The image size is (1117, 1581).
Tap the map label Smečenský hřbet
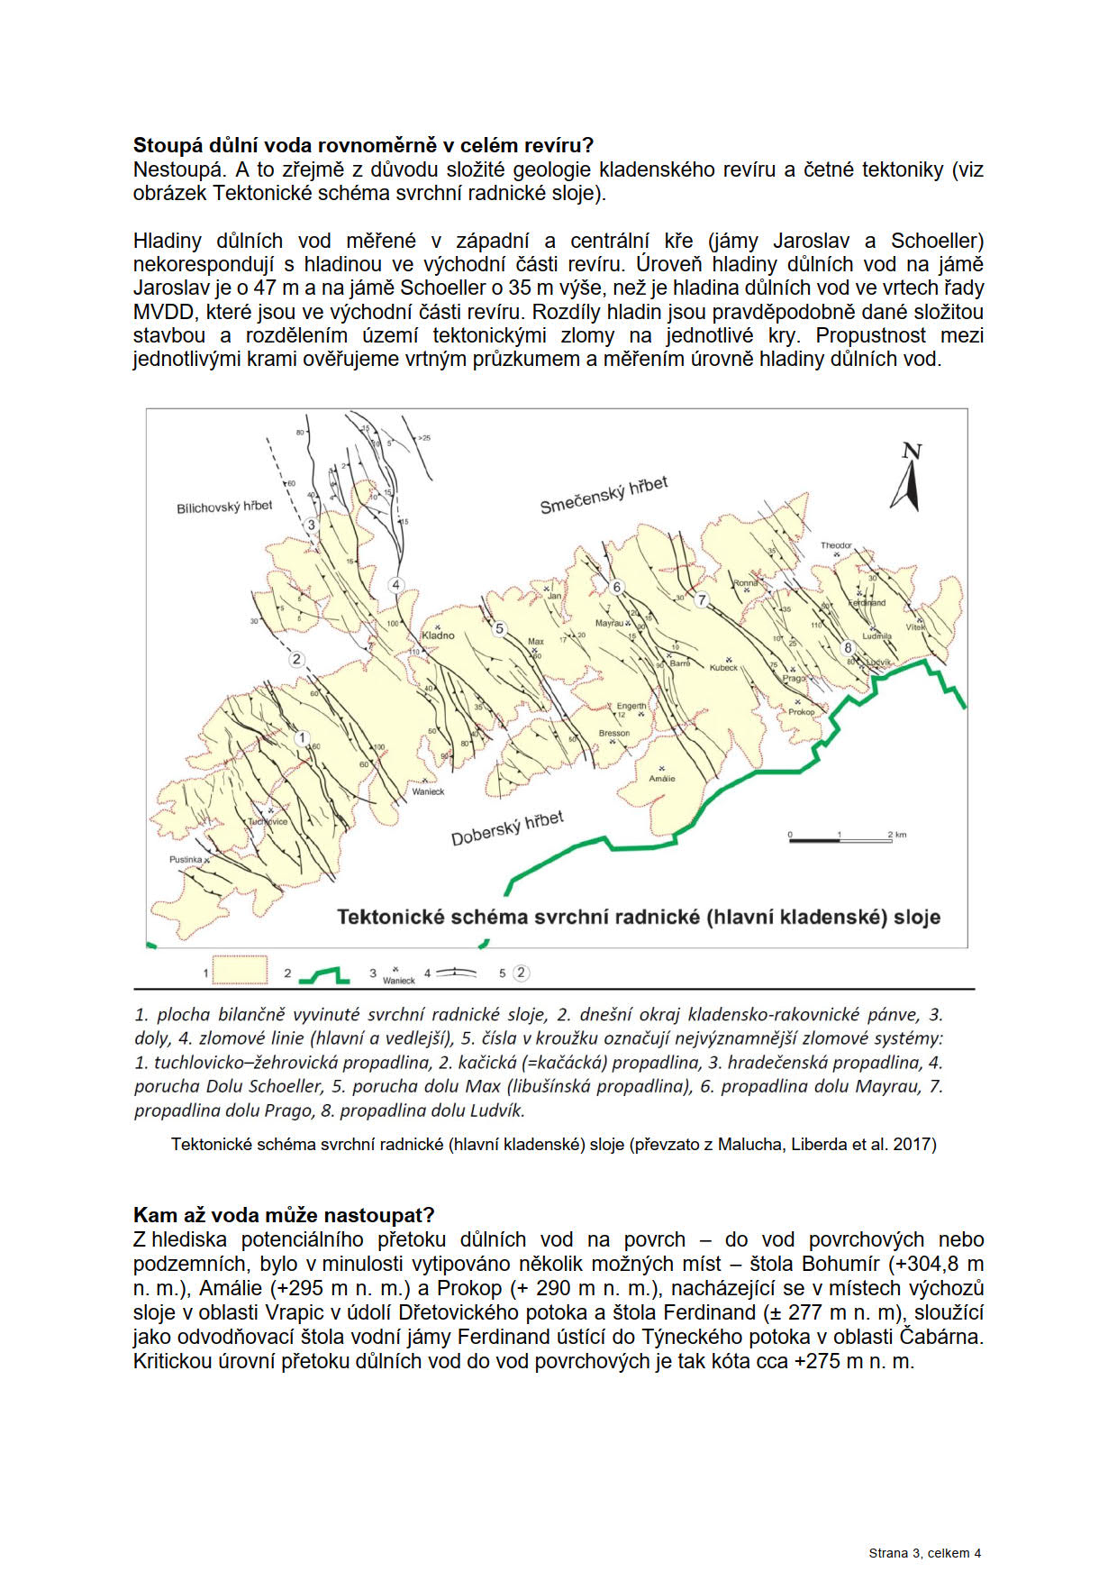coord(604,495)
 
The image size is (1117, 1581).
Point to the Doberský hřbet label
coord(507,828)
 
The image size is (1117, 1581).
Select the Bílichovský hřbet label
coord(223,507)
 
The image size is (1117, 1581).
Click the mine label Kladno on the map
coord(439,635)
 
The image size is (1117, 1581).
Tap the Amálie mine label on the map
coord(662,778)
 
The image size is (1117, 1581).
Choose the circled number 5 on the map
coord(500,629)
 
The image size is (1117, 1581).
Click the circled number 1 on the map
coord(303,738)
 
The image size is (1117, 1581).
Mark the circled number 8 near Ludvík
coord(848,647)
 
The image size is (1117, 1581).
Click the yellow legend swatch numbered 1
coord(240,971)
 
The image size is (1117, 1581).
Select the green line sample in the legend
coord(323,974)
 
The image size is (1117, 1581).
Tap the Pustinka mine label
coord(186,860)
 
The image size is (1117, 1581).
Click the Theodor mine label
coord(836,545)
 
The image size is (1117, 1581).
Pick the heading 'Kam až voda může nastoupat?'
coord(284,1215)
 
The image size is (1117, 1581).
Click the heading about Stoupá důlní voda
coord(363,145)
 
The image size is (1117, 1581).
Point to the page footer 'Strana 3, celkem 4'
coord(924,1553)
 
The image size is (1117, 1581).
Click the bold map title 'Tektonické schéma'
coord(638,918)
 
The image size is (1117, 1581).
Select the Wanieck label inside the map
coord(428,791)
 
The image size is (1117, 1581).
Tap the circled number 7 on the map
coord(703,600)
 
